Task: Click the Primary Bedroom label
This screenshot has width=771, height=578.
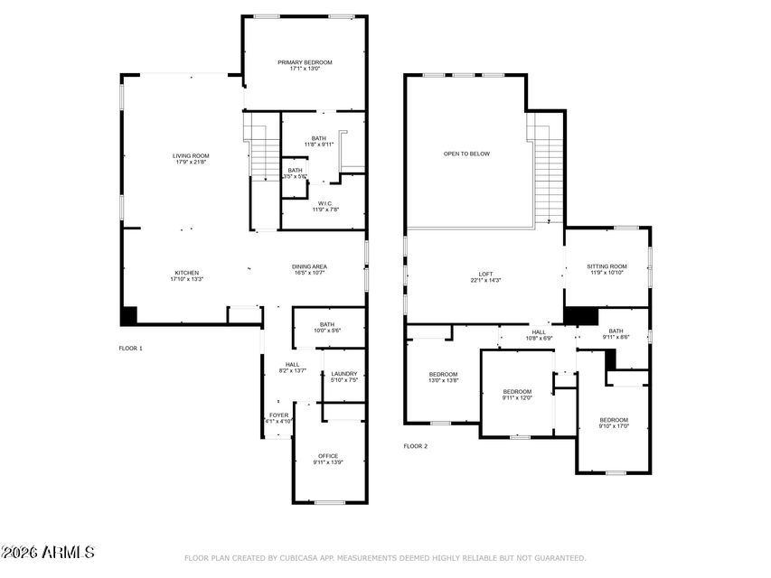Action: pos(304,62)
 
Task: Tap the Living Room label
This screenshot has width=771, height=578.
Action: pos(191,156)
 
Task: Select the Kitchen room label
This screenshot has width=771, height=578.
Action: pos(187,272)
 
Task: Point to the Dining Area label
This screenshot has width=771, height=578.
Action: pos(309,266)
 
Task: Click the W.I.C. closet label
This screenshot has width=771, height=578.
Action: pos(324,203)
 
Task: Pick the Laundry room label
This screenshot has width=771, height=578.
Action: pos(343,374)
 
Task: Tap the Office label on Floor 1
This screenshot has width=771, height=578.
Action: pos(327,456)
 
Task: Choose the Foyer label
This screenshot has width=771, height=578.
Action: pos(278,415)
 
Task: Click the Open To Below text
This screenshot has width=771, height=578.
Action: pos(466,154)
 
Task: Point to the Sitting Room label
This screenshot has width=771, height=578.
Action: pos(606,266)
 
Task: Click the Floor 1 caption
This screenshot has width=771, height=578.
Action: pos(131,348)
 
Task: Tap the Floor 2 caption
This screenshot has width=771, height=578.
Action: pos(416,446)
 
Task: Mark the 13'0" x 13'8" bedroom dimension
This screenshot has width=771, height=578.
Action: pos(443,381)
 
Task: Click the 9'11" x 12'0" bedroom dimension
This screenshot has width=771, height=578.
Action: pos(517,397)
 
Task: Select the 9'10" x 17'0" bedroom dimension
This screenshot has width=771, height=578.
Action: pos(614,427)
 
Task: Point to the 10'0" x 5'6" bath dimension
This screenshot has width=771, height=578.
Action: pos(327,331)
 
